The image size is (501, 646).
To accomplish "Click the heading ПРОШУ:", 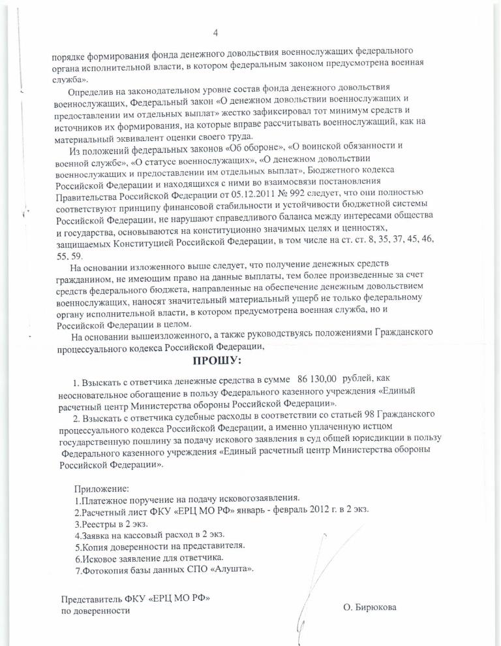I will (216, 360).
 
